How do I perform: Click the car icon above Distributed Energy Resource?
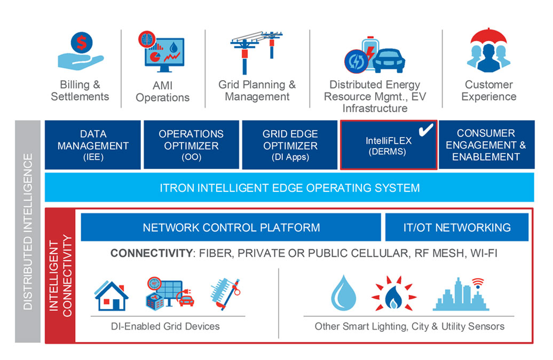388,60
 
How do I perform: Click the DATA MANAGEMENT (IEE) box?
93,145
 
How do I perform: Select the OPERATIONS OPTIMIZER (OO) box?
191,145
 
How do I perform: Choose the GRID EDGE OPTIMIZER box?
290,145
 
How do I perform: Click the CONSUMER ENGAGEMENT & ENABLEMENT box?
486,145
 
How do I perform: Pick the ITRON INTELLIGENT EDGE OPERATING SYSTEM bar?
289,188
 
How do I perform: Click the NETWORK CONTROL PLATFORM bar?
231,228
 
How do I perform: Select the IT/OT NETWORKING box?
456,228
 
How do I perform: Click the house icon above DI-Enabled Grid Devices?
111,295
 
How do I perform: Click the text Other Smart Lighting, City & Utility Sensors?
409,326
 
